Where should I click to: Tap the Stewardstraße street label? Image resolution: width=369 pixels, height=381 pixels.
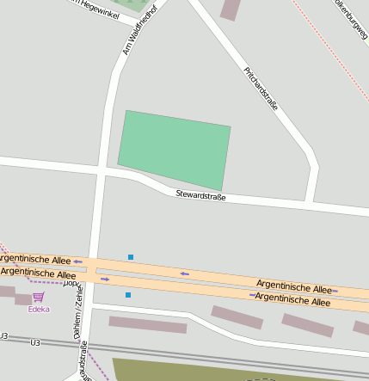click(x=200, y=195)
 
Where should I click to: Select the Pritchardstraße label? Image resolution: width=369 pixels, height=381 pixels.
click(x=261, y=89)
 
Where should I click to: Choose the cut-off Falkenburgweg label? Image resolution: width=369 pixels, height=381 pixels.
click(x=353, y=19)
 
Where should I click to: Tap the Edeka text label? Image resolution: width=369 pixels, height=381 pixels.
click(x=39, y=309)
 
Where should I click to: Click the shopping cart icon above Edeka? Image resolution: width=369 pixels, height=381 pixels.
click(x=38, y=297)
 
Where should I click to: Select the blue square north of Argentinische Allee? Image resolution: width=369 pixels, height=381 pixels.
click(x=131, y=256)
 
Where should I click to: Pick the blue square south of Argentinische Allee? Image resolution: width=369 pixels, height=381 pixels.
click(x=128, y=295)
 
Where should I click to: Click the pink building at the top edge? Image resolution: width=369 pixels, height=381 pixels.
click(x=230, y=9)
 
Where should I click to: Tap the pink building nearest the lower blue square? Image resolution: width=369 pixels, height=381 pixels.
click(x=147, y=324)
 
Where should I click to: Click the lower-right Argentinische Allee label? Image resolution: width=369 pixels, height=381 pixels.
click(x=292, y=301)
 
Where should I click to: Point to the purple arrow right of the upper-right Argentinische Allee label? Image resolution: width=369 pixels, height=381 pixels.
click(x=336, y=292)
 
